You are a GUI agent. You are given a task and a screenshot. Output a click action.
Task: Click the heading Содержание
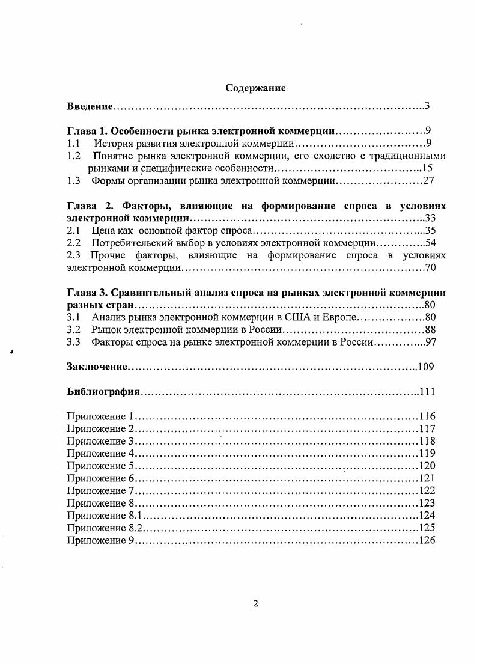pos(255,88)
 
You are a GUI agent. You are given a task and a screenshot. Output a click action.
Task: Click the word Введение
pos(90,106)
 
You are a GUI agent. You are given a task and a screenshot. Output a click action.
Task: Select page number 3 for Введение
pos(426,106)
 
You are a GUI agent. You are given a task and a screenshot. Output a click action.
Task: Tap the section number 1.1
pos(73,144)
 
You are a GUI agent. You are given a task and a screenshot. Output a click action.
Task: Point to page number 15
pos(427,168)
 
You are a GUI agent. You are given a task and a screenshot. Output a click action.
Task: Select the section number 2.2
pos(73,243)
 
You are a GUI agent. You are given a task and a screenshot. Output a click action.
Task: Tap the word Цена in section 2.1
pos(102,230)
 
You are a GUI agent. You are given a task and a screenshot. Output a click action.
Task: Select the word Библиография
pos(103,392)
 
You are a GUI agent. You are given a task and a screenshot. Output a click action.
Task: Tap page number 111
pos(427,392)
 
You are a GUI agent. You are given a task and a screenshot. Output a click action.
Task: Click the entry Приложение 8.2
pos(105,528)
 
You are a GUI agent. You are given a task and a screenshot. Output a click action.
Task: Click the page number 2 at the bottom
pos(255,604)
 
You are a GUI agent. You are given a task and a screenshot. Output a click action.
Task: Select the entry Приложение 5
pos(100,466)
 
